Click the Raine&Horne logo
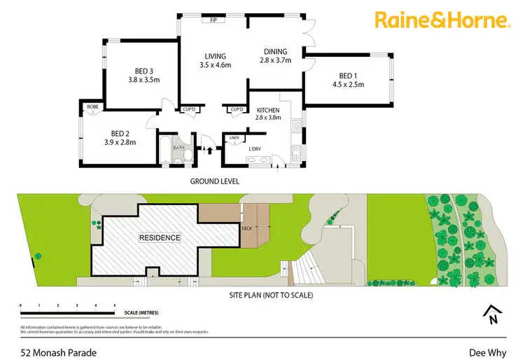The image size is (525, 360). [x=442, y=20]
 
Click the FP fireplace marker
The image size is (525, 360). [x=213, y=20]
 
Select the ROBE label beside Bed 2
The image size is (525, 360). [x=92, y=106]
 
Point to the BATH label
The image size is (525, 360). [x=178, y=148]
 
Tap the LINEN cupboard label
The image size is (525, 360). [x=234, y=138]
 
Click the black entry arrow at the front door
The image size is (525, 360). [x=209, y=149]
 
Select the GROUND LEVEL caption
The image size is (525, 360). [x=214, y=181]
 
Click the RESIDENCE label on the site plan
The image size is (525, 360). [x=159, y=237]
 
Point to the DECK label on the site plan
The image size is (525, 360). [x=246, y=228]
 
